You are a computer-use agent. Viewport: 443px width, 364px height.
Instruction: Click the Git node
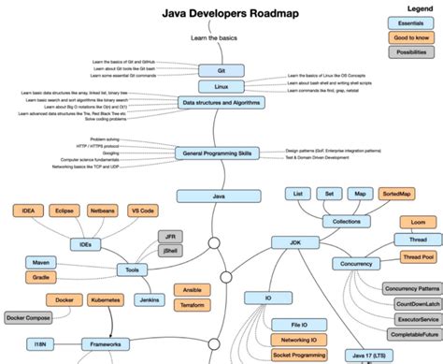click(x=221, y=69)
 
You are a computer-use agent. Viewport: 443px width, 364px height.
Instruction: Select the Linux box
click(x=221, y=86)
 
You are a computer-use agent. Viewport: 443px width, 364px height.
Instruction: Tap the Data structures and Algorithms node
click(x=220, y=103)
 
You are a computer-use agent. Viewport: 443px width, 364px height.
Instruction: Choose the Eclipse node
click(x=64, y=211)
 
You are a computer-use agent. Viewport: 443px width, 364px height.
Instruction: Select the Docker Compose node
click(x=29, y=317)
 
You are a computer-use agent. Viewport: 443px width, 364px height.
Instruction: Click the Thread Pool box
click(x=416, y=256)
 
